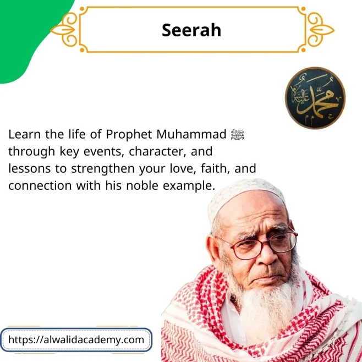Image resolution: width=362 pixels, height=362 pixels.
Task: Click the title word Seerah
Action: [191, 30]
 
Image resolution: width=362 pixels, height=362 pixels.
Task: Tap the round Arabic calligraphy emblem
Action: [315, 98]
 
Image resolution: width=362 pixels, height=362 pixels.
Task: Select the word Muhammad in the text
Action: [199, 134]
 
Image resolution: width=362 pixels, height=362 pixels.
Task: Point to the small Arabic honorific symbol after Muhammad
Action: [238, 134]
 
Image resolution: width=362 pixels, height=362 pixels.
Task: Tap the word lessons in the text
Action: [29, 168]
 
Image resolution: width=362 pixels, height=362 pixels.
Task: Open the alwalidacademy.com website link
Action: [76, 339]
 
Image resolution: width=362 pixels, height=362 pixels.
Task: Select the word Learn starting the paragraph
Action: [23, 134]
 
